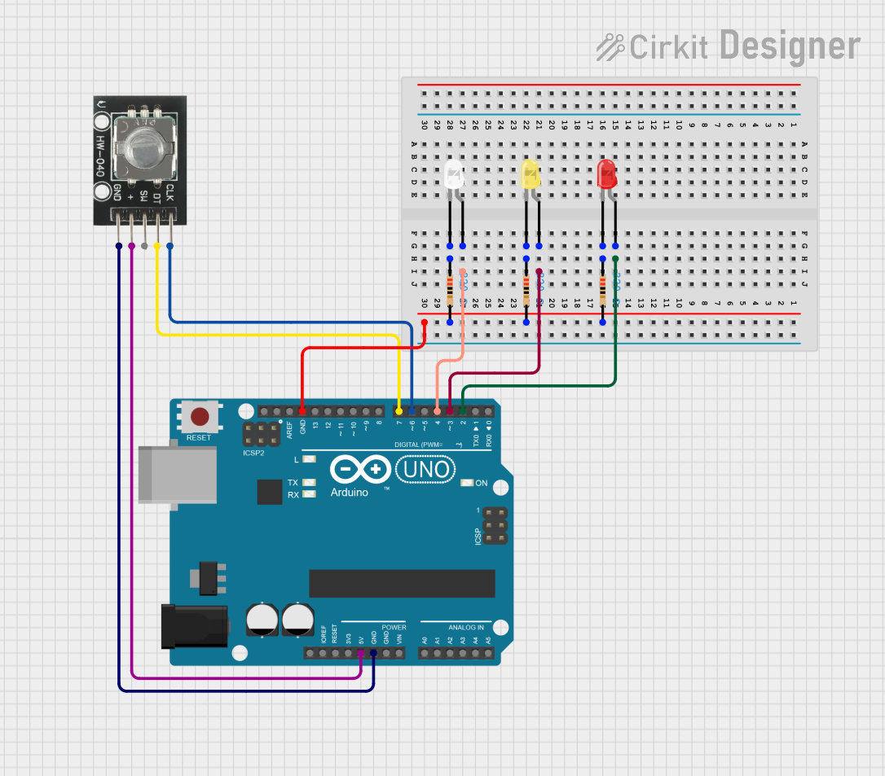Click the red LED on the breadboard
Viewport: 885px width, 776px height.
coord(607,173)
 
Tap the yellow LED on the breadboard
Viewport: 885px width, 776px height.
coord(531,174)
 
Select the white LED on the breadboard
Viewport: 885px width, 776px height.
coord(454,174)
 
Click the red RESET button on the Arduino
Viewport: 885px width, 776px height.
coord(199,418)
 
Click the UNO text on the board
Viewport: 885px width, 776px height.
coord(425,469)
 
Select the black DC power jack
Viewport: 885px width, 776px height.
coord(193,625)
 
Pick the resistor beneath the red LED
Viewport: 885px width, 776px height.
coord(603,290)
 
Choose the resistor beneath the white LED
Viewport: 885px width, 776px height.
coord(450,290)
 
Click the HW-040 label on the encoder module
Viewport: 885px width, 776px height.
coord(100,156)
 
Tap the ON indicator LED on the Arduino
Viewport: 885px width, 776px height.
coord(467,483)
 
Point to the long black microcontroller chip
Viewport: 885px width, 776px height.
coord(402,583)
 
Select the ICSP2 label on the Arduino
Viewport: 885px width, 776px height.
coord(253,452)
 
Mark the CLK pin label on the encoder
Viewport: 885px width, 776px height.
coord(170,193)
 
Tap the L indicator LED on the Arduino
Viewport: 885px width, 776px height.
coord(309,460)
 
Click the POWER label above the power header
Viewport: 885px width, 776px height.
coord(394,627)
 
